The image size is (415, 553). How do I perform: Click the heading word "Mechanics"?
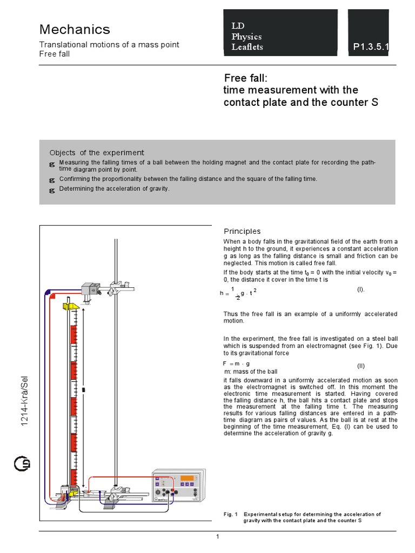pos(75,29)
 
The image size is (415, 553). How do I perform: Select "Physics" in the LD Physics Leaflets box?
pos(246,37)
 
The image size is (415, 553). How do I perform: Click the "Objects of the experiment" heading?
pos(97,153)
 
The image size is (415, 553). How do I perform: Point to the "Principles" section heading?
pos(242,231)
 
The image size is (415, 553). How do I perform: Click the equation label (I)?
pos(360,289)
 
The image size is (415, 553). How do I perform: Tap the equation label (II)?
pos(361,366)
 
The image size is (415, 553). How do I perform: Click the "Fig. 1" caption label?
pos(231,514)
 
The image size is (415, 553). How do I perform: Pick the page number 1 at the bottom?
pos(217,536)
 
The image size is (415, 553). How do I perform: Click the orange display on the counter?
pos(188,478)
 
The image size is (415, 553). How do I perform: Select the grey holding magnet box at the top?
pos(89,288)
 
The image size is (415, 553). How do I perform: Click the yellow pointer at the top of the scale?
pos(72,307)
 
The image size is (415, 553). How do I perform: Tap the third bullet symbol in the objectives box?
pos(52,190)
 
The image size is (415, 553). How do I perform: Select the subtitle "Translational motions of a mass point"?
pos(109,45)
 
